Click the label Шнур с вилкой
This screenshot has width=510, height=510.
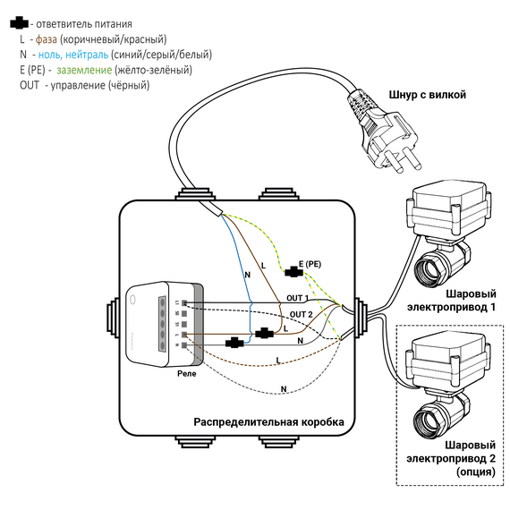[428, 95]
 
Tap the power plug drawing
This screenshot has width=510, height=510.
[384, 130]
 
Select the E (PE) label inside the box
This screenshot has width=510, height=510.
[310, 264]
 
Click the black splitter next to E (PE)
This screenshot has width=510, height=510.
[293, 272]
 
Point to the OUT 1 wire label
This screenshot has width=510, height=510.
[297, 298]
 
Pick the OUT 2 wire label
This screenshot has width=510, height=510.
[302, 315]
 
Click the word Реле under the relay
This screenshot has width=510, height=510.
[187, 373]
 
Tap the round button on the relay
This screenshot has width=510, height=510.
[132, 299]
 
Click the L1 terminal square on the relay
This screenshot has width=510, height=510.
[184, 302]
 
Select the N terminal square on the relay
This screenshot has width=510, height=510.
[184, 345]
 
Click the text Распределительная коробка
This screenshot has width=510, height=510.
[268, 422]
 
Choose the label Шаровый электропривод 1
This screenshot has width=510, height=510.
[452, 301]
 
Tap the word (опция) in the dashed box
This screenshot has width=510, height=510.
[476, 472]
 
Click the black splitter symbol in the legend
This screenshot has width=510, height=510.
[19, 23]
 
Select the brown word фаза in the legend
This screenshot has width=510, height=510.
[47, 39]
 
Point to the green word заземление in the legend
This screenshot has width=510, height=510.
[84, 70]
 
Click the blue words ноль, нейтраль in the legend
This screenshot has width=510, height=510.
[73, 55]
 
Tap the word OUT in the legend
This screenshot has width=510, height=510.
[30, 85]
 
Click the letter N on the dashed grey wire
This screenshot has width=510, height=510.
[284, 389]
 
